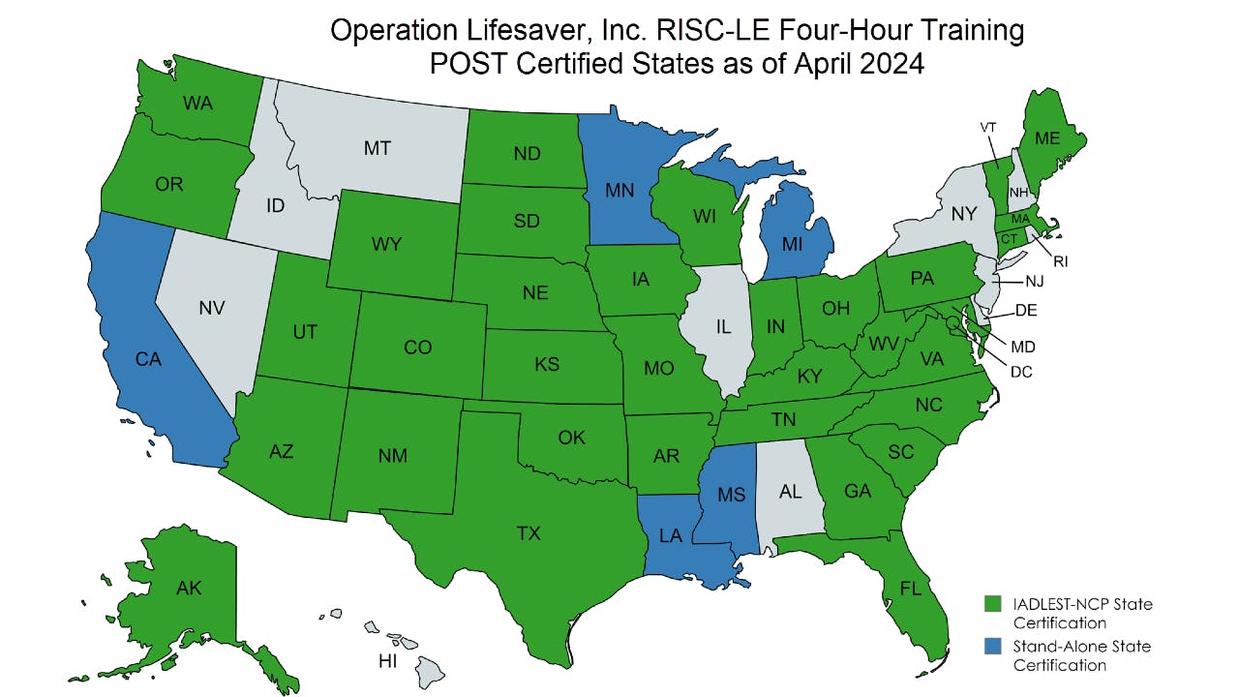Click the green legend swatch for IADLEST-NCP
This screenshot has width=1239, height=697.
click(x=992, y=604)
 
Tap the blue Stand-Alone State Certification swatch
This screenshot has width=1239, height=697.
click(x=992, y=646)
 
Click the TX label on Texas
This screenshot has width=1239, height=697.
click(x=529, y=533)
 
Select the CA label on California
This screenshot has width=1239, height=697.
click(x=147, y=360)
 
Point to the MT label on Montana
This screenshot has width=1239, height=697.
click(x=378, y=148)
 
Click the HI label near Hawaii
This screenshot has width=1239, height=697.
click(x=387, y=661)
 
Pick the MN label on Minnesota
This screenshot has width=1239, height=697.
click(x=619, y=190)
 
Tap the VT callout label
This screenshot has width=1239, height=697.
click(x=988, y=127)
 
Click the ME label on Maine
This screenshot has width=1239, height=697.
click(x=1047, y=138)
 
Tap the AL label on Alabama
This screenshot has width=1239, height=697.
click(x=790, y=492)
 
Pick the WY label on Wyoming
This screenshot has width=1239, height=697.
click(x=386, y=245)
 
